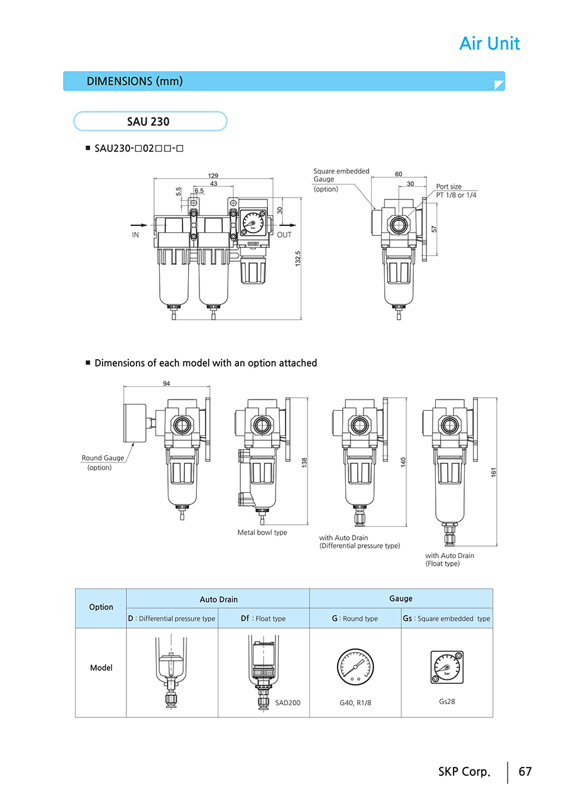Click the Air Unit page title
coord(489,43)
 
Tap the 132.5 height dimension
coord(298,258)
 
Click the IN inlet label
coord(135,235)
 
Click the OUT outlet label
coord(284,235)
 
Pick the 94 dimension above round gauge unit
coord(167,383)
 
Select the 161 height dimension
coord(494,471)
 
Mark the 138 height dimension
coord(304,462)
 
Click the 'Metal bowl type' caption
coord(262,532)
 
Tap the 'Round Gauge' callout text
coord(103,458)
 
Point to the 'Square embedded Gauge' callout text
coord(341,175)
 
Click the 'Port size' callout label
coord(449,187)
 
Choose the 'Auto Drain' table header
coord(218,600)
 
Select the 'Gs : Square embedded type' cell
coord(447,619)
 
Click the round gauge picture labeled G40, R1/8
coord(355,668)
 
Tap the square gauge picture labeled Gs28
coord(447,667)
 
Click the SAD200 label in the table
coord(287,702)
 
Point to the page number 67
coord(524,771)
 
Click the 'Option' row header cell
coord(101,607)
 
